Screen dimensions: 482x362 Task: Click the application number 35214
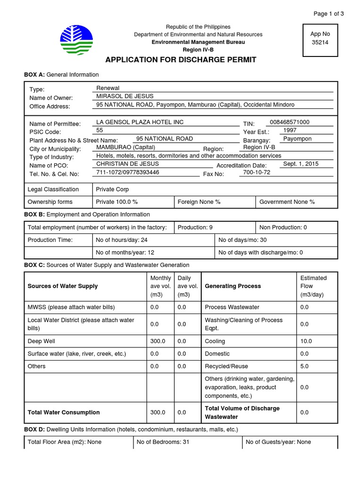tap(320, 42)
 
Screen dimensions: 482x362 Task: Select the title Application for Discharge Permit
tap(181, 60)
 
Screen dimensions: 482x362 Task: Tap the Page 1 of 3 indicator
tap(329, 14)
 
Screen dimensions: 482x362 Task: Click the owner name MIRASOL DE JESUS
tap(125, 96)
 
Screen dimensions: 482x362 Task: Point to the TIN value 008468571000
tap(289, 122)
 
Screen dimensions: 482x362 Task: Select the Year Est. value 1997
tap(290, 130)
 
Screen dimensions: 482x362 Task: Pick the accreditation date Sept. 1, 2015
tap(301, 164)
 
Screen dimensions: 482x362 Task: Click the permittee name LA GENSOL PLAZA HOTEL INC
tap(140, 122)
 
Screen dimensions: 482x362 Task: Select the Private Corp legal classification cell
tap(112, 190)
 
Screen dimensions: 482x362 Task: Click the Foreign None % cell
tap(199, 202)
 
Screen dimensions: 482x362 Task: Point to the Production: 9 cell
tap(195, 227)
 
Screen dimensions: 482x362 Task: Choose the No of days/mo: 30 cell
tap(243, 240)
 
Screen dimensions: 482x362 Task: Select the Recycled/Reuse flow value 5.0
tap(304, 366)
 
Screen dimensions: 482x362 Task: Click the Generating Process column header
tap(233, 286)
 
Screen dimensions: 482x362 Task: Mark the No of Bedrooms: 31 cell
tap(163, 442)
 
